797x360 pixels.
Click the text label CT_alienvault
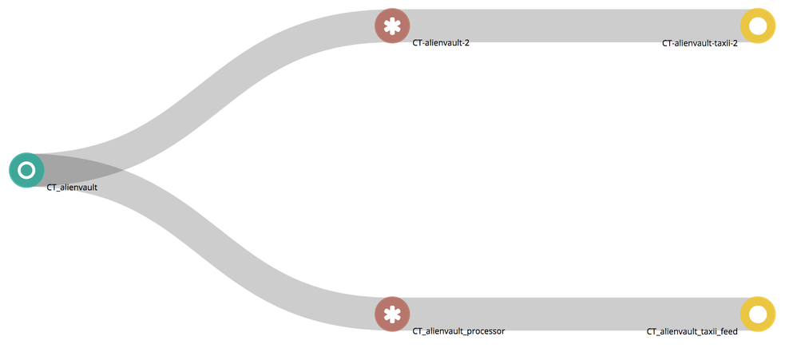73,188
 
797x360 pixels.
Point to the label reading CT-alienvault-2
441,43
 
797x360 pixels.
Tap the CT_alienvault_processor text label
458,330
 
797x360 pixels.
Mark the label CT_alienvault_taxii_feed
692,331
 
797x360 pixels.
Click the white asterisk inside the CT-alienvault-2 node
391,26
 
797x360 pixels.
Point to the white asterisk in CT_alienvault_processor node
391,314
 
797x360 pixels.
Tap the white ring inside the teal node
26,170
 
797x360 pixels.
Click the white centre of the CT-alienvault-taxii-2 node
758,26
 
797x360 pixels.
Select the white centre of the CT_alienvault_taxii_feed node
758,314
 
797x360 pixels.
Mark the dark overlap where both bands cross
80,165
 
